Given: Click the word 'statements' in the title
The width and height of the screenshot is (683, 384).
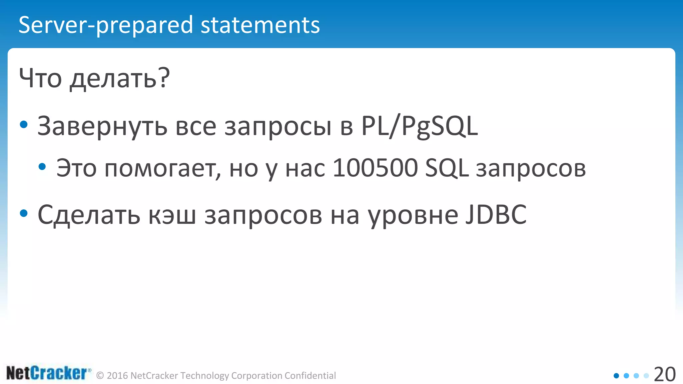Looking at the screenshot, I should (x=260, y=25).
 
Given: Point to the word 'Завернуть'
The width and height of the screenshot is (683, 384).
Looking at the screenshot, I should (x=102, y=127).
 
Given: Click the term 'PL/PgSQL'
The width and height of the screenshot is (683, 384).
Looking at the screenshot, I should (x=420, y=127).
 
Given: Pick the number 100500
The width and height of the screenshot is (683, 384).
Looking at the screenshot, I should (x=375, y=168).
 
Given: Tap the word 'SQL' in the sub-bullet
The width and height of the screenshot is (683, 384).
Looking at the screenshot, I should (x=447, y=168).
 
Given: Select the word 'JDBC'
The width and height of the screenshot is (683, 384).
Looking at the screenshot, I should (x=496, y=215).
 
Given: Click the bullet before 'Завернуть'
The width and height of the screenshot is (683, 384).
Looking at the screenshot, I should (x=24, y=125).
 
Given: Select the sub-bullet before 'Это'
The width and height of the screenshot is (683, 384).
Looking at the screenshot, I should (x=42, y=167).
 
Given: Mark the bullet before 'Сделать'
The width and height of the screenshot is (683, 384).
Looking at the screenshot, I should (x=24, y=213).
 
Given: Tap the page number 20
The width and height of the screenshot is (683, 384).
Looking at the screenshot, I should (x=665, y=374).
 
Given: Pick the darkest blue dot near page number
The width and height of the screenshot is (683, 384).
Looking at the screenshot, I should (x=616, y=376).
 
